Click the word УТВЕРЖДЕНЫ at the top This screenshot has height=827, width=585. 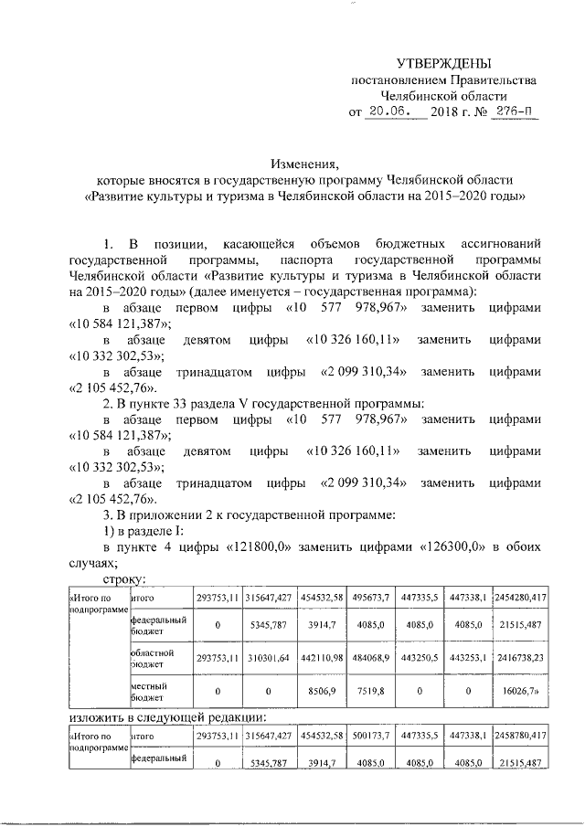click(x=443, y=63)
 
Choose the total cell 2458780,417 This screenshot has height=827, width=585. click(x=520, y=734)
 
